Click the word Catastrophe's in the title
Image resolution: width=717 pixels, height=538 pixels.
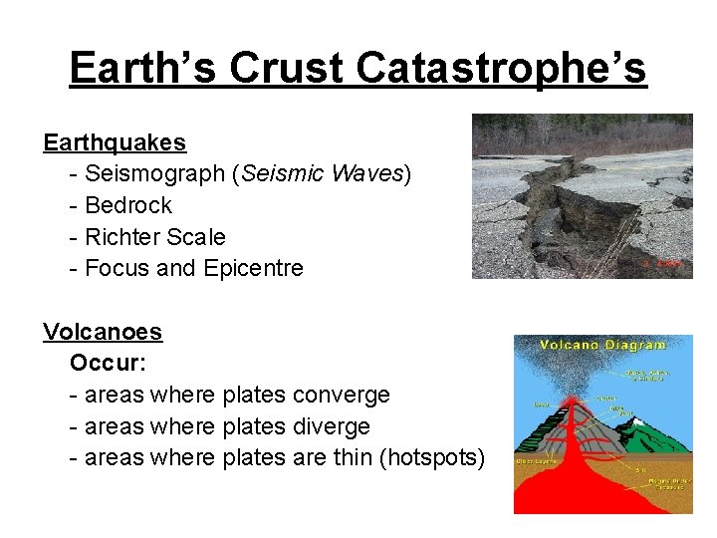pyautogui.click(x=501, y=69)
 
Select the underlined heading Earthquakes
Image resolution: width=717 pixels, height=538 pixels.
pyautogui.click(x=115, y=142)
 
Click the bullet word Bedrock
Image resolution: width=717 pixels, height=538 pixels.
pyautogui.click(x=128, y=206)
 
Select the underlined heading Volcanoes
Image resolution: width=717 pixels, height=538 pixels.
pyautogui.click(x=103, y=332)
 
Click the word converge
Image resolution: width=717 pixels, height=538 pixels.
pyautogui.click(x=342, y=396)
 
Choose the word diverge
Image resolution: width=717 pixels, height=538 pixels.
pyautogui.click(x=332, y=427)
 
